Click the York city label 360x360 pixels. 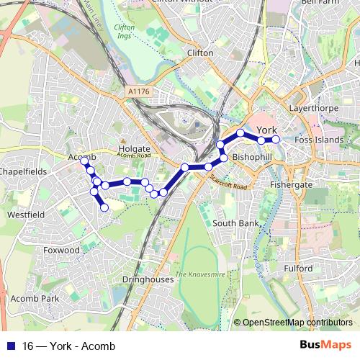(266, 130)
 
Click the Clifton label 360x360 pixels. (200, 53)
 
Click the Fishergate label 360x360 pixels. (291, 185)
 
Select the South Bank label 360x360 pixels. (235, 224)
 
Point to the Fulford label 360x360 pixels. (298, 269)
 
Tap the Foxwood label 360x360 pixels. (61, 250)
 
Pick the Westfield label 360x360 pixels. (26, 215)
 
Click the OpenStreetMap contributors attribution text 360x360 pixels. (297, 323)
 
